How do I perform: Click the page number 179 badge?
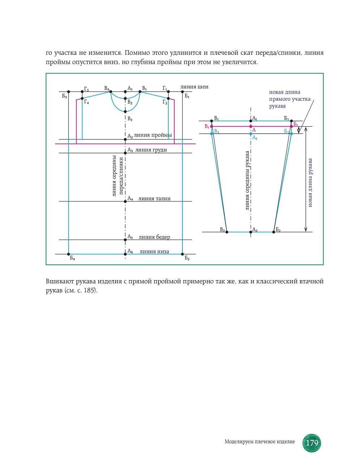coord(312,443)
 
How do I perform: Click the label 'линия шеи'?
coord(194,87)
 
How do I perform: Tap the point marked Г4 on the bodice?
coord(82,98)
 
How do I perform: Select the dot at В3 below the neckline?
coord(125,112)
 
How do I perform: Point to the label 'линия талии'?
coord(154,199)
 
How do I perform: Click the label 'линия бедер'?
coord(154,237)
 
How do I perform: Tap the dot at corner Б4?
coord(69,254)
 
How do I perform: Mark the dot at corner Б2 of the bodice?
coord(182,254)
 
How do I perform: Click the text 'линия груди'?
coord(151,150)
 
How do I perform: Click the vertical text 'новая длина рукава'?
coord(310,183)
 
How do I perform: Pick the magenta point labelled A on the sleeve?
coord(251,126)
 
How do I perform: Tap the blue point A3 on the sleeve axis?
coord(251,134)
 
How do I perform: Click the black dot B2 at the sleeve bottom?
coord(227,232)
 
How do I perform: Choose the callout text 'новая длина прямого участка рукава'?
coord(289,99)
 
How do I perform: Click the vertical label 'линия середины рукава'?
coord(247,180)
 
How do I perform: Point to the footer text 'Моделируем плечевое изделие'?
coord(260,441)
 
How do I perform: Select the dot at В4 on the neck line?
coord(111,92)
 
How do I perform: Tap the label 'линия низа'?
coord(154,252)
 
